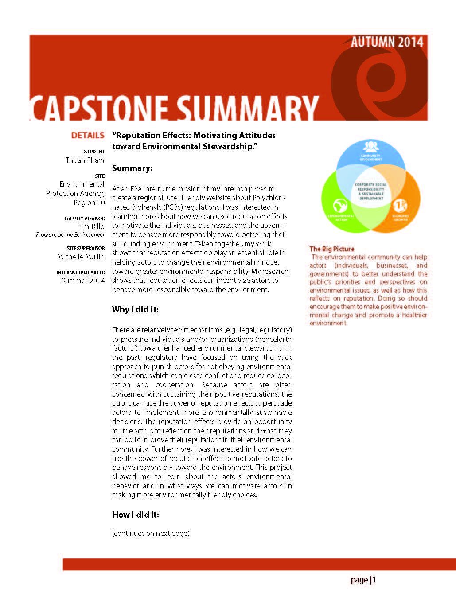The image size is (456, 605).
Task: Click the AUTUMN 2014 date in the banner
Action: click(x=387, y=43)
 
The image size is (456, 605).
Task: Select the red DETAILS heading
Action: click(x=88, y=136)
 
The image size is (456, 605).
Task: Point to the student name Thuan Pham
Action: click(x=85, y=160)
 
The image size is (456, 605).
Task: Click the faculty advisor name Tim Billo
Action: click(x=91, y=226)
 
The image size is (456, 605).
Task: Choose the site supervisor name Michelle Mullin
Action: click(x=81, y=257)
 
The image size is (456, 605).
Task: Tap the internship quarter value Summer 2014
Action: click(x=83, y=281)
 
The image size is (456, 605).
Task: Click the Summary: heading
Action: click(x=132, y=168)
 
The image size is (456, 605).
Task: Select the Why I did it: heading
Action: click(x=135, y=309)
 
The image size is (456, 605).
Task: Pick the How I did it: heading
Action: click(x=135, y=515)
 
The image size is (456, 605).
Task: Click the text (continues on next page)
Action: click(x=151, y=533)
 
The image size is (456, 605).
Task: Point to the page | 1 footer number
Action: click(x=363, y=580)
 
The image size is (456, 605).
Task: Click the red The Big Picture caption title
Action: click(x=332, y=249)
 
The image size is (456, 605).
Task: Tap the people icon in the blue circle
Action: click(x=370, y=146)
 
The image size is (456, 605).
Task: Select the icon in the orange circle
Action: click(x=400, y=206)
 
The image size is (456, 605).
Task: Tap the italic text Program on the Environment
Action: click(x=70, y=235)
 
